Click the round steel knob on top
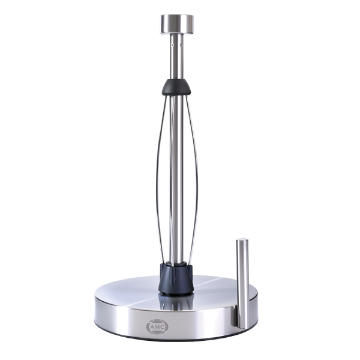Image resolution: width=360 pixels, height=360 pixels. [177, 25]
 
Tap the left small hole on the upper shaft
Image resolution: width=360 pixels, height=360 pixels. [172, 45]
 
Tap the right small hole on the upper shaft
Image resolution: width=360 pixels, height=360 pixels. [182, 45]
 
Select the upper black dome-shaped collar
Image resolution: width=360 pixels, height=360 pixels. [176, 87]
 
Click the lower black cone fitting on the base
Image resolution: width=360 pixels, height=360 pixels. [176, 278]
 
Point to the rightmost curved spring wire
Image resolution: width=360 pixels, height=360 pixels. [196, 179]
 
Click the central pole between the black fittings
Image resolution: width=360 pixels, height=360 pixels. [177, 179]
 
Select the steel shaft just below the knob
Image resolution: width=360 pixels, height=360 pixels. [177, 57]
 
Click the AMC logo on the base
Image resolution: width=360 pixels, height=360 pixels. [157, 326]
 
